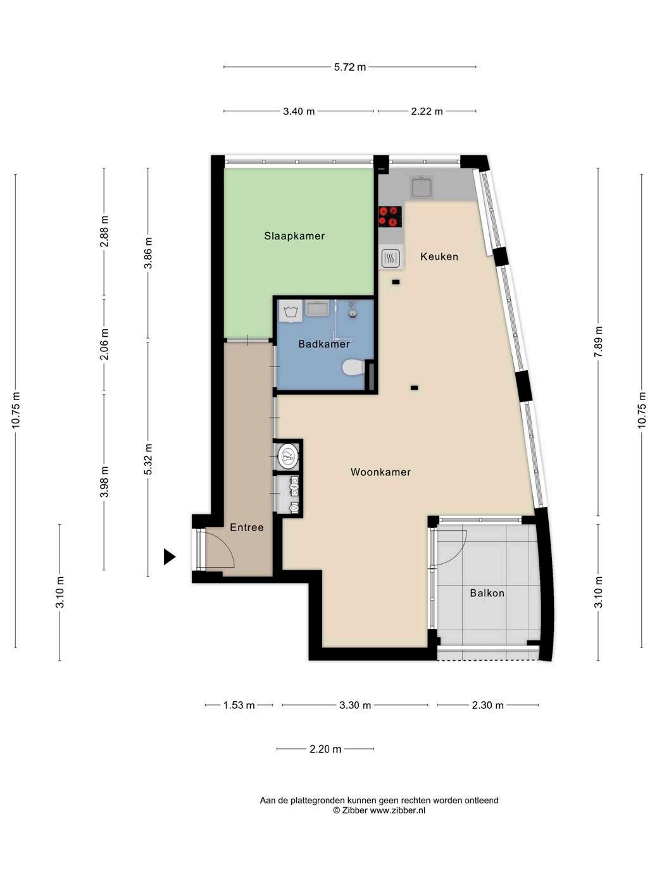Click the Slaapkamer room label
(294, 236)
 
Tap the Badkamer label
(324, 344)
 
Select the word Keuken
(439, 256)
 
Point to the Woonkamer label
(380, 472)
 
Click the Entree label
(246, 527)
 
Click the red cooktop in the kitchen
(390, 216)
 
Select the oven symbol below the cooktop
(390, 258)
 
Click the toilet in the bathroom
(353, 367)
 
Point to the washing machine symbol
(291, 311)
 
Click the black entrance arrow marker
(169, 556)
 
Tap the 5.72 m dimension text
(349, 67)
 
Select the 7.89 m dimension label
(598, 342)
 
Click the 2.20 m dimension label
(325, 749)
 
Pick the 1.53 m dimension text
(239, 705)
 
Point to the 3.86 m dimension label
(148, 253)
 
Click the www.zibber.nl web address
(397, 810)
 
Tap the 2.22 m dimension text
(427, 111)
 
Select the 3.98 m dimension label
(104, 482)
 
